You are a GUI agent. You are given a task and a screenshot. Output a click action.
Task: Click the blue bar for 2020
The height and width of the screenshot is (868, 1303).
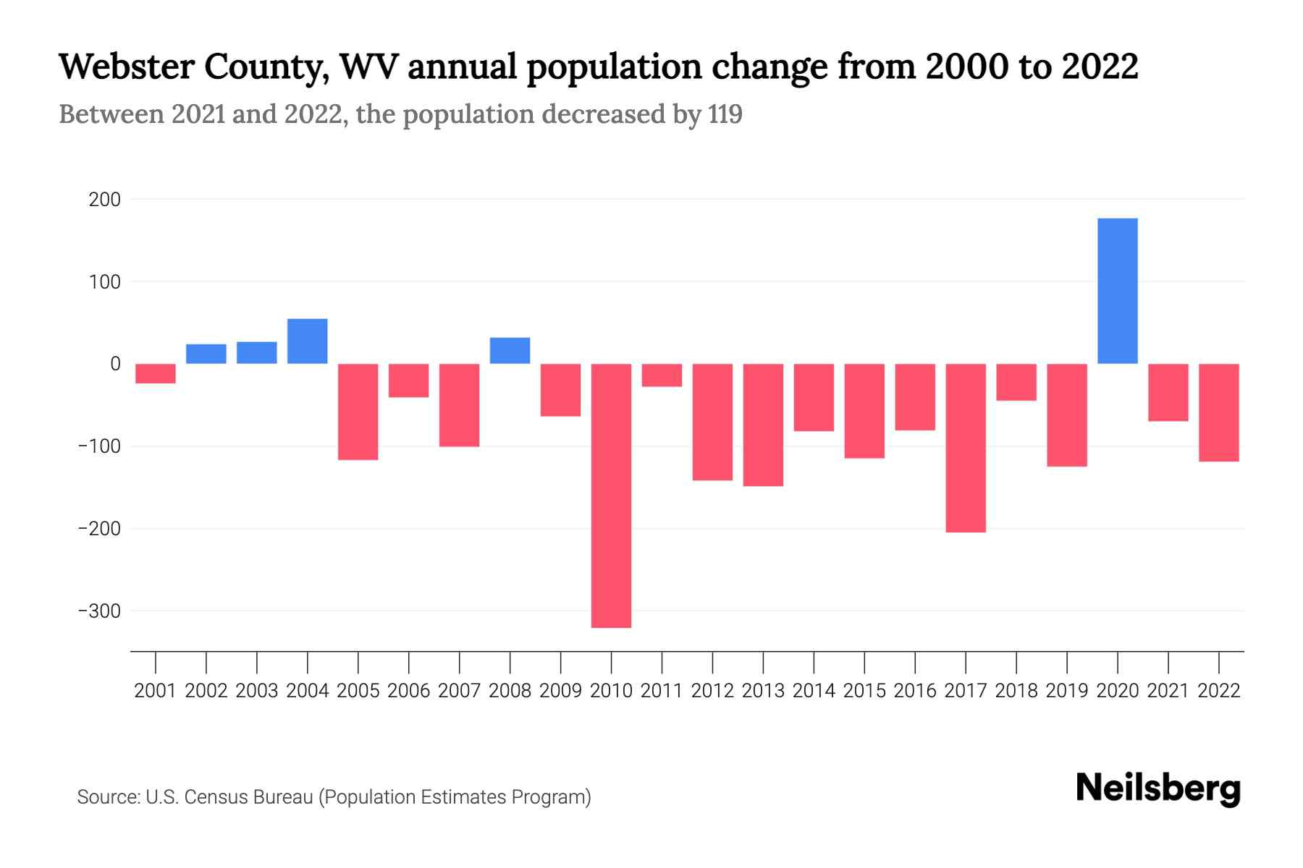click(1117, 291)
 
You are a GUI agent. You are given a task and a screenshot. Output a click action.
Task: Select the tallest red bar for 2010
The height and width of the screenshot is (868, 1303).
click(611, 495)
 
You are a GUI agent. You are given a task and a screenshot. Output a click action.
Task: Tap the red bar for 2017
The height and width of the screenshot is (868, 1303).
click(965, 448)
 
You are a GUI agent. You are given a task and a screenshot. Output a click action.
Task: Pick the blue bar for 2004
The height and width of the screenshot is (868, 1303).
click(307, 341)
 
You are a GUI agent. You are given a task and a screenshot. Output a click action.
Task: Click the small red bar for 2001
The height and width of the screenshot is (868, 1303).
click(156, 373)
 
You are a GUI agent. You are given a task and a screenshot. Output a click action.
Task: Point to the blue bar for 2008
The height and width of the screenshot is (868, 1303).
click(510, 350)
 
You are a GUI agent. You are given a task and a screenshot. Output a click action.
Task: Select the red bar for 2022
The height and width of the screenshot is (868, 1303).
click(1218, 412)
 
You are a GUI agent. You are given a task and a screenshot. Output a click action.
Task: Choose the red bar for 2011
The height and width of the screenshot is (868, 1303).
click(662, 375)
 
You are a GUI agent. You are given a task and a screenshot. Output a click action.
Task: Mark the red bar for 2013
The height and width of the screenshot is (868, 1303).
click(763, 425)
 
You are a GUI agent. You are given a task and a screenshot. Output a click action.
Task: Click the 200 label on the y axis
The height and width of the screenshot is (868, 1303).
click(105, 200)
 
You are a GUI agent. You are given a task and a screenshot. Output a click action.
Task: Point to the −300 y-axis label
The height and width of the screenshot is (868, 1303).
click(99, 611)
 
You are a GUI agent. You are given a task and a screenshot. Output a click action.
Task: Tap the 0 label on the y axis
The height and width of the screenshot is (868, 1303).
click(115, 364)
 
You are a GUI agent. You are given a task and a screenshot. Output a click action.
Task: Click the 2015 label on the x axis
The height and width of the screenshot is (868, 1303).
click(864, 691)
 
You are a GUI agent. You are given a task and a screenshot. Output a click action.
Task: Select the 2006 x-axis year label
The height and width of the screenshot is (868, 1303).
click(409, 691)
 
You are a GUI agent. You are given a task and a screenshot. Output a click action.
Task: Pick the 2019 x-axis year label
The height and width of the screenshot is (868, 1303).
click(1066, 691)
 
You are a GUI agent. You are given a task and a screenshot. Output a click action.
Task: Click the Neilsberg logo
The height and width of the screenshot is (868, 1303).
click(1157, 788)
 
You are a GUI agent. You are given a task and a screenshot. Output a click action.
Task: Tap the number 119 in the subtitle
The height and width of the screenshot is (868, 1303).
click(725, 114)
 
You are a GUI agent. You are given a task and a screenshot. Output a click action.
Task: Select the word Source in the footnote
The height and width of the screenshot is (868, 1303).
click(108, 797)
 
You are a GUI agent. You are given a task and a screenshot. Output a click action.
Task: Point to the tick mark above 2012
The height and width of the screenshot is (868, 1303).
click(712, 661)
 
